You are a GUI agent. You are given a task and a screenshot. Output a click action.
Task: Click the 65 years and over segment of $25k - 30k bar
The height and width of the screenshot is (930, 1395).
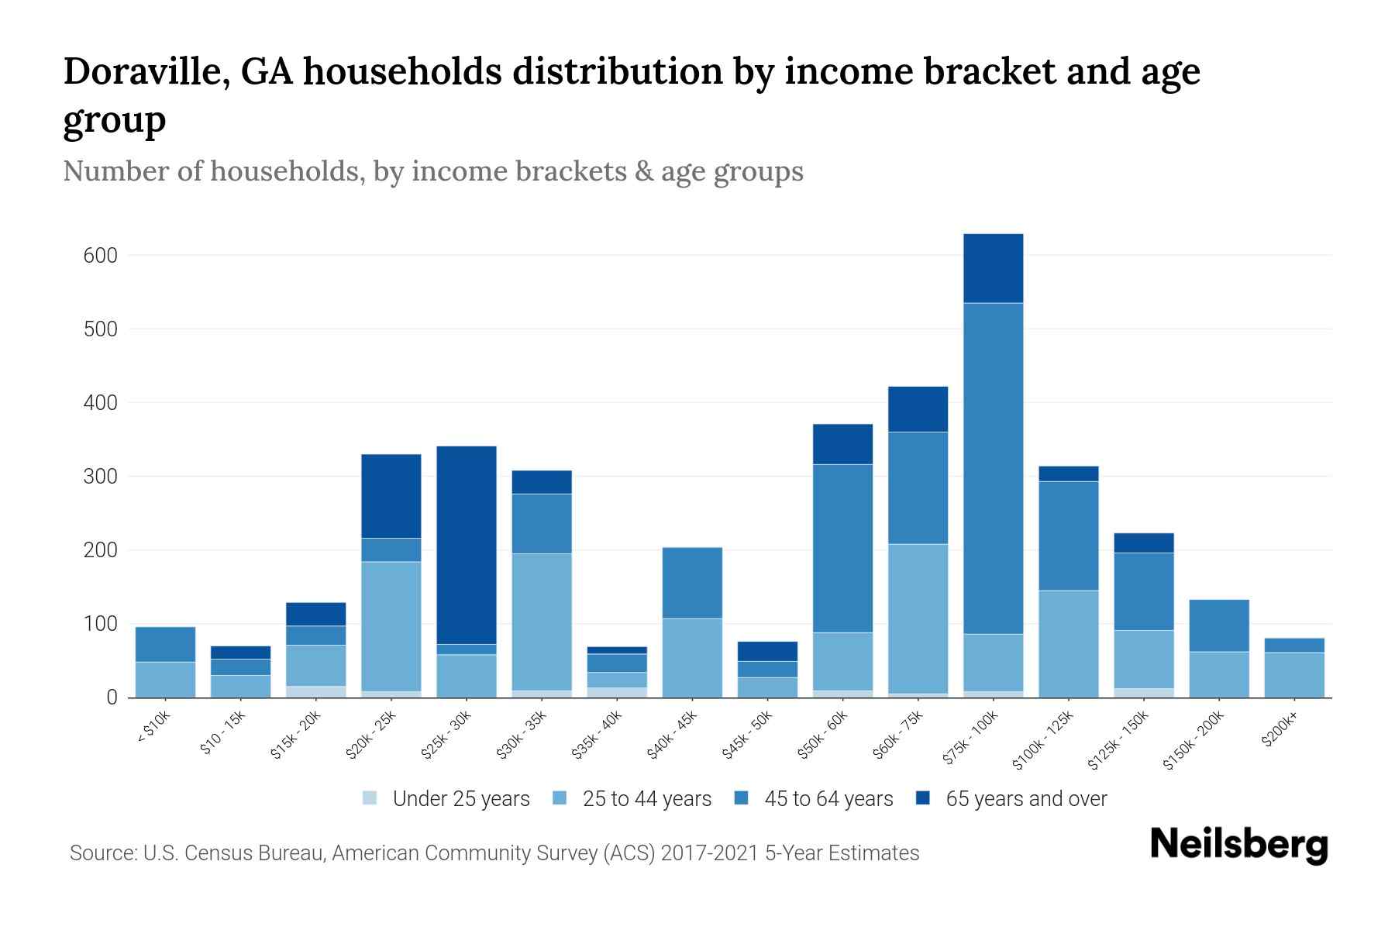pos(467,545)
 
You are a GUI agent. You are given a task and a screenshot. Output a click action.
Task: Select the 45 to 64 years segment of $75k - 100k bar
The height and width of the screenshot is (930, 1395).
pos(994,468)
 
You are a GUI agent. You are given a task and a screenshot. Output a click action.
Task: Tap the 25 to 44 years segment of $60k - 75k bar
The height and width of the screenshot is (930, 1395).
pos(918,618)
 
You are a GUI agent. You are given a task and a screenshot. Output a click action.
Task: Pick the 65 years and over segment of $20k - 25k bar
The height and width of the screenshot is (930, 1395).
pos(391,496)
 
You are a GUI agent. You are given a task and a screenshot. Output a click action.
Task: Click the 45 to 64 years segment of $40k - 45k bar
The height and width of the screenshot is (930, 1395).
pos(692,583)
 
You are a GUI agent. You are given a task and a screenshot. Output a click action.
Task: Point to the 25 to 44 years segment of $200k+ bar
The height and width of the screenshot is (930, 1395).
pos(1294,674)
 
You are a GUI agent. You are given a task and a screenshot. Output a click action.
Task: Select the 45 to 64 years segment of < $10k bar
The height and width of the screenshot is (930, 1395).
pos(165,644)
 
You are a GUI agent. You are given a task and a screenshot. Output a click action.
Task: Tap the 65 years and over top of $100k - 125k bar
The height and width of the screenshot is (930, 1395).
pos(1069,474)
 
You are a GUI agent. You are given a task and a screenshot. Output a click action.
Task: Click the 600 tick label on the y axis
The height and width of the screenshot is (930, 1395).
pos(100,256)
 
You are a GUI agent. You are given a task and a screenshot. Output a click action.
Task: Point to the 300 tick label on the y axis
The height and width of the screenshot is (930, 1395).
pos(100,477)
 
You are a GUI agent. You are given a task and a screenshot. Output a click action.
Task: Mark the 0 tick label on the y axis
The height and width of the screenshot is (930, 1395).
pos(112,697)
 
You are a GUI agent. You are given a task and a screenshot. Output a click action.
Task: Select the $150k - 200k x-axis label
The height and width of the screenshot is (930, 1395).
pos(1193,740)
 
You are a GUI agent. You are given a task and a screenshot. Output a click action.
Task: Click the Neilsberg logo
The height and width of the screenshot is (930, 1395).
pos(1238,845)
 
